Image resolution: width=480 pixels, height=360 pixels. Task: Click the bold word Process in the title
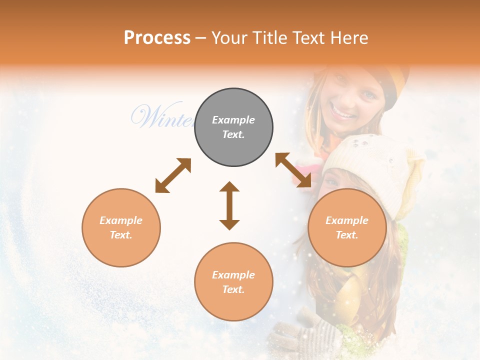point(157,37)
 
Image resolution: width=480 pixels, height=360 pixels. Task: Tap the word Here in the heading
point(349,37)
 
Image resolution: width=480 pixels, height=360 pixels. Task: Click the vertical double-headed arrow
point(229,205)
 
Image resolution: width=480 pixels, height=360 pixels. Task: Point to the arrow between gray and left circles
point(173,175)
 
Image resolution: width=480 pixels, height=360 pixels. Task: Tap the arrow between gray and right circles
point(293,170)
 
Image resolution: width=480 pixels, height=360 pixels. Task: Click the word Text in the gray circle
point(233,134)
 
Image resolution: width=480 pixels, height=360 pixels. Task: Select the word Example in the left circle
point(121,220)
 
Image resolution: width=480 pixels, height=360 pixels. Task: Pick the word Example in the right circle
point(347,220)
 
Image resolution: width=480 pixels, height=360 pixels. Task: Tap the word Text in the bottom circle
point(233,289)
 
